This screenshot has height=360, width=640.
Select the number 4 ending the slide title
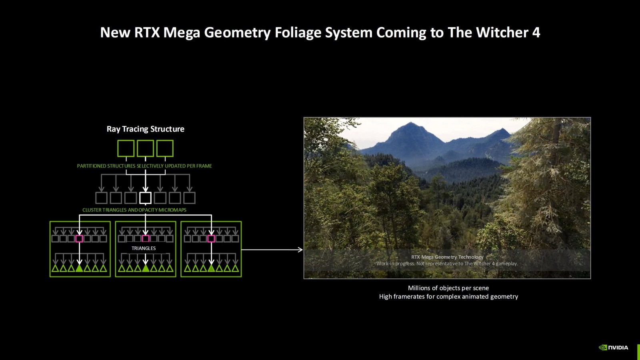point(536,32)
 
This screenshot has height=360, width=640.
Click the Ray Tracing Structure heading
point(146,129)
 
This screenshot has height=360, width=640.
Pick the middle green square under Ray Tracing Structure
point(145,148)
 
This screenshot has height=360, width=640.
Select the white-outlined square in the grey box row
point(145,198)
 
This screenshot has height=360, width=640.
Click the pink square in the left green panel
point(79,239)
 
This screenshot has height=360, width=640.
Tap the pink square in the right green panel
point(211,239)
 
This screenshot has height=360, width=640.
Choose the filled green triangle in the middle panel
point(146,268)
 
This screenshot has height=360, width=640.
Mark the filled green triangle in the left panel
point(79,268)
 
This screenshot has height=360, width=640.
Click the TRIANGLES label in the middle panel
point(144,248)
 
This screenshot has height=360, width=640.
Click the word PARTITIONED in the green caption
point(92,166)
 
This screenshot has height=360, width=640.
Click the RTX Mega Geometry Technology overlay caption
point(447,257)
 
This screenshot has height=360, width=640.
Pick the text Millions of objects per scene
point(448,288)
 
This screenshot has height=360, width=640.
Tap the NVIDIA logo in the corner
point(613,347)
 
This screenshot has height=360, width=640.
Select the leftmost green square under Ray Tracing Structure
point(126,148)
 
